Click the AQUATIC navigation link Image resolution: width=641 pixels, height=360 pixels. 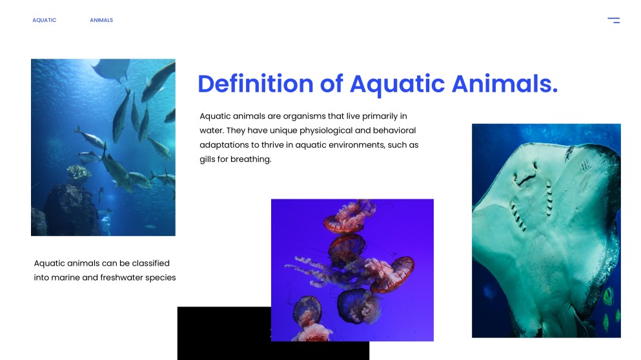point(45,20)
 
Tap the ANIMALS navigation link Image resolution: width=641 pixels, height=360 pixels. point(101,20)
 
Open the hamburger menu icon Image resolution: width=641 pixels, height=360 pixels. point(613,21)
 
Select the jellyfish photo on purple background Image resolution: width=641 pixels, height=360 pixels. point(352,270)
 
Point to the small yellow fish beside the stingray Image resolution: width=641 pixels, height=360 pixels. point(607,297)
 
